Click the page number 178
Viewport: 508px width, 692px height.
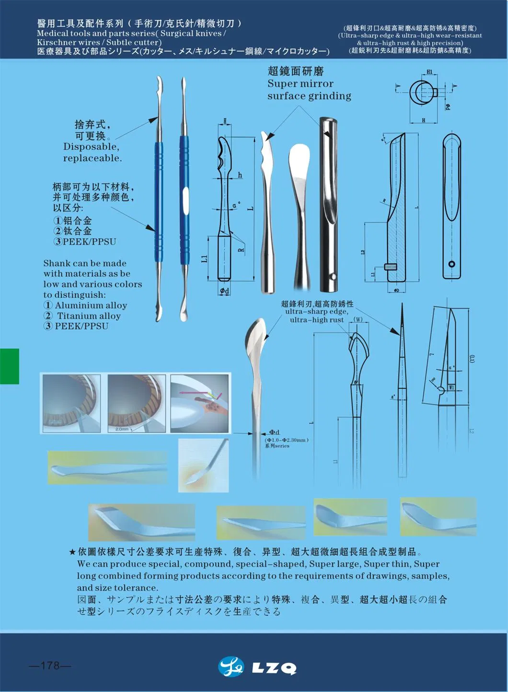49,666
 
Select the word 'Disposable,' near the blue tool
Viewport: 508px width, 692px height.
91,147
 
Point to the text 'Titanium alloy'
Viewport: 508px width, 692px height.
89,316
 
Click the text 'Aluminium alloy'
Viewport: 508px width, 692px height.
91,306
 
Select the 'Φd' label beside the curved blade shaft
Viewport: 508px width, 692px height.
274,432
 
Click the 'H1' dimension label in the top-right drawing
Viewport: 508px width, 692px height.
429,72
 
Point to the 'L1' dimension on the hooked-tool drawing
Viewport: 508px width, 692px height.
205,259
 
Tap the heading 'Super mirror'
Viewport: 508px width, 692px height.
300,84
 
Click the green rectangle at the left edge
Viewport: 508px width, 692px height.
9,366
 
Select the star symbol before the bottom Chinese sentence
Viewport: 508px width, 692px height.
72,552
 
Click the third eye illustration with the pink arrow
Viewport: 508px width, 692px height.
199,403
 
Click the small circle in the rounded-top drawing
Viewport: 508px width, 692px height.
451,264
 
